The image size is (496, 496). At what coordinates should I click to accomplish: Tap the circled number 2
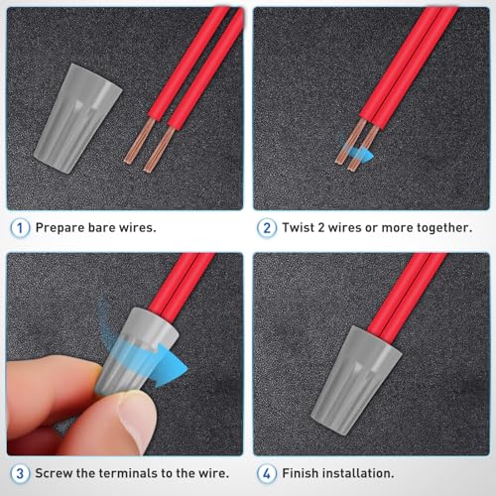click(x=266, y=226)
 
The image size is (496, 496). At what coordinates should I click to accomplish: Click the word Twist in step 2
click(x=301, y=227)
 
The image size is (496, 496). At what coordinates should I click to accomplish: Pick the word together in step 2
click(x=436, y=227)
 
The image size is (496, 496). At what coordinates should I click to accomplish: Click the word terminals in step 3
click(x=137, y=472)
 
